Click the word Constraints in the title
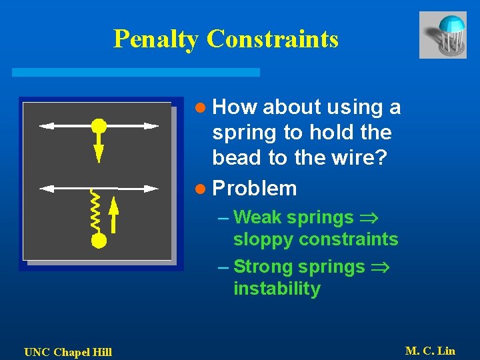click(273, 39)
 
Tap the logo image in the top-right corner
click(443, 35)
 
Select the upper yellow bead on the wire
click(99, 125)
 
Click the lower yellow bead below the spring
click(99, 240)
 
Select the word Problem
click(254, 189)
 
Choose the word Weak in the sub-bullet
click(257, 217)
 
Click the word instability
click(277, 289)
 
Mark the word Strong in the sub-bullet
click(263, 267)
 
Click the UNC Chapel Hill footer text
click(68, 352)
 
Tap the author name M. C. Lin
click(430, 351)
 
